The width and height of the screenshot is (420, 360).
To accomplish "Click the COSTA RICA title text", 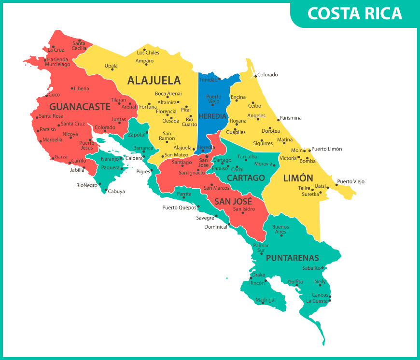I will (x=354, y=14).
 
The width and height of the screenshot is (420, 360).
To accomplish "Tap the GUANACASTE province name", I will (x=80, y=107).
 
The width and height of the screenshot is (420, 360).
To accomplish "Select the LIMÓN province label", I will (x=298, y=178).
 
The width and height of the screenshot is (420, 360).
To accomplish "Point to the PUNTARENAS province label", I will (x=292, y=257).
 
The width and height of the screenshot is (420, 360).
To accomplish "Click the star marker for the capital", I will (x=207, y=156).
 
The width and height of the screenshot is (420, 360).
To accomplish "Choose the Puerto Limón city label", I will (x=326, y=149).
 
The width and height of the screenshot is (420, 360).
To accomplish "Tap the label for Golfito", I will (x=295, y=281).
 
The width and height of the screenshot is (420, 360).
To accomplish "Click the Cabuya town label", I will (x=116, y=192).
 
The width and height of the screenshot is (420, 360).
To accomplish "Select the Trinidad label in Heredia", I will (x=208, y=80).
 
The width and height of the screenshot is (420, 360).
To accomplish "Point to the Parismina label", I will (x=291, y=118).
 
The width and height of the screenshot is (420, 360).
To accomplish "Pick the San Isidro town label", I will (x=244, y=209).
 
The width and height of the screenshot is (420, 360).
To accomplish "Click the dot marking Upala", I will (x=112, y=69).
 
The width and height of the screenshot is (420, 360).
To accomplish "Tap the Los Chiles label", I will (x=148, y=53).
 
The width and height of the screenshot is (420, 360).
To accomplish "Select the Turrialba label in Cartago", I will (x=247, y=157).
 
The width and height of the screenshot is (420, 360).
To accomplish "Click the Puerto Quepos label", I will (x=179, y=208).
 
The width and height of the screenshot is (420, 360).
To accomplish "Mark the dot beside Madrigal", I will (x=263, y=303).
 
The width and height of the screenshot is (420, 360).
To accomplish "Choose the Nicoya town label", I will (x=70, y=134).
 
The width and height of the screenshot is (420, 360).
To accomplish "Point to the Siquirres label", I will (x=263, y=143).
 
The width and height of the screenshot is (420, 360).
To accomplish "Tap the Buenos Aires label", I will (x=280, y=229).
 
